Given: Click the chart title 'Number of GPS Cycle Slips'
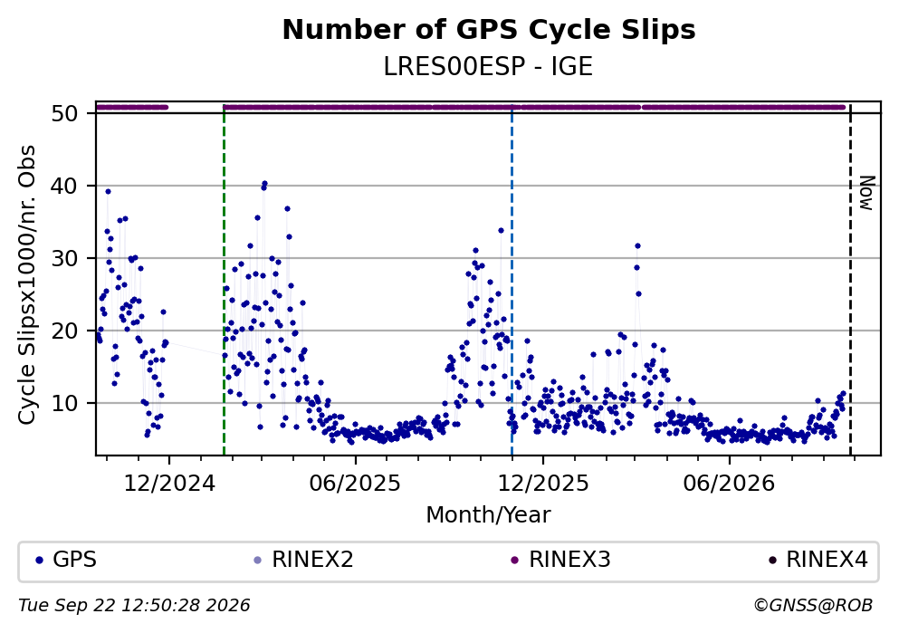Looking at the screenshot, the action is pos(489,31).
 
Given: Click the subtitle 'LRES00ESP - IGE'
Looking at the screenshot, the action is pos(488,67).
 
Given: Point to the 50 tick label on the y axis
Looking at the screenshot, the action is pos(64,113).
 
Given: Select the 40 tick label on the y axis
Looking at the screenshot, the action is pos(64,186).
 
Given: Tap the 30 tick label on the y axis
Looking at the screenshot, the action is pos(64,259).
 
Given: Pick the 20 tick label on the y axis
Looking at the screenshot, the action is pos(64,331).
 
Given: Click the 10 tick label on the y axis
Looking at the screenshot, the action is pos(64,403).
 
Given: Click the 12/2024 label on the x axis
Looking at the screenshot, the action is pos(169,484).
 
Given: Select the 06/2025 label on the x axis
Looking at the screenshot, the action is pos(355,484).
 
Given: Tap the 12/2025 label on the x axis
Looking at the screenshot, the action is pos(542,484).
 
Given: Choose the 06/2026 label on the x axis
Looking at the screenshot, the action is pos(729,484).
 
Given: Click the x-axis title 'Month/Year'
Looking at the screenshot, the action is pos(488,515).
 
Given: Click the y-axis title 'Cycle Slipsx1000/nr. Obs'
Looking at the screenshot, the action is pos(27,285).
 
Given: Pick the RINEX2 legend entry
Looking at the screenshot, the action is pos(304,560).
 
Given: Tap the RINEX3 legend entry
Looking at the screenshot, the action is pos(560,560).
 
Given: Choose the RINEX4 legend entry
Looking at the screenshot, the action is pos(818,560).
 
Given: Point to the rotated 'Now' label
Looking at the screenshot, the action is pos(867,193).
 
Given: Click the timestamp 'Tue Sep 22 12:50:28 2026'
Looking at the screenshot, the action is pos(134,606).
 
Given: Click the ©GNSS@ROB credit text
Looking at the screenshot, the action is pos(814,606).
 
